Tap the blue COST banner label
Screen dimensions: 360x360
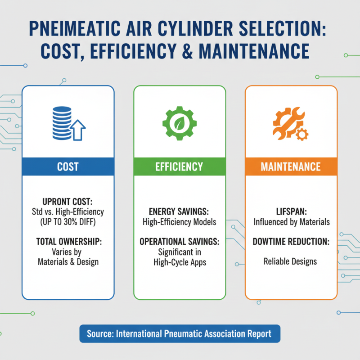pyautogui.click(x=68, y=167)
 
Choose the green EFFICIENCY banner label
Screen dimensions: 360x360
pyautogui.click(x=180, y=167)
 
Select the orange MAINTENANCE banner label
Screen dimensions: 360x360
pyautogui.click(x=291, y=167)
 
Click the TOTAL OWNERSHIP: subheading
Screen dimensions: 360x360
pyautogui.click(x=68, y=242)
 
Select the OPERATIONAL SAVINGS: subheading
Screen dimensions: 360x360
pyautogui.click(x=180, y=242)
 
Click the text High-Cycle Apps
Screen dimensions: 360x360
pyautogui.click(x=180, y=262)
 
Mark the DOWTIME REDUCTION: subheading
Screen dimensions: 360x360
pyautogui.click(x=291, y=242)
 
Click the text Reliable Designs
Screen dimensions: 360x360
pyautogui.click(x=291, y=261)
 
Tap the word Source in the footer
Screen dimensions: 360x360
pyautogui.click(x=99, y=334)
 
